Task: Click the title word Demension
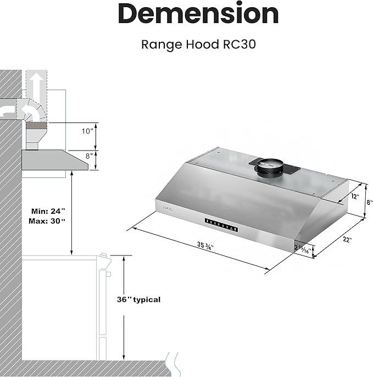[x=198, y=14]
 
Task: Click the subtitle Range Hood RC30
[x=198, y=43]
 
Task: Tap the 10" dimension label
[x=87, y=131]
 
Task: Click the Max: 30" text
[x=47, y=221]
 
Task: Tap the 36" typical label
[x=139, y=300]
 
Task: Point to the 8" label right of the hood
[x=369, y=202]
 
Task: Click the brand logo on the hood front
[x=167, y=208]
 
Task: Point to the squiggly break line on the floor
[x=175, y=363]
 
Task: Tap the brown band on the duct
[x=36, y=125]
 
